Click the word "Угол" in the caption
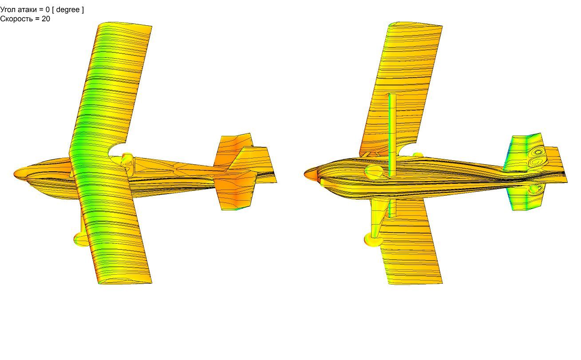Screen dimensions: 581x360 click(8, 10)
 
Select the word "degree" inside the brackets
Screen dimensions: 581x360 click(68, 10)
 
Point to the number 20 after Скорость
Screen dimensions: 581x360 click(46, 19)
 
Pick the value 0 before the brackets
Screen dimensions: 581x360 click(47, 10)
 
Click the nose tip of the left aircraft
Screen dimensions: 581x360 click(14, 174)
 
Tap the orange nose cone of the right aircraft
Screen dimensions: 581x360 click(310, 174)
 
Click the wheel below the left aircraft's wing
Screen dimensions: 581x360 click(80, 239)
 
